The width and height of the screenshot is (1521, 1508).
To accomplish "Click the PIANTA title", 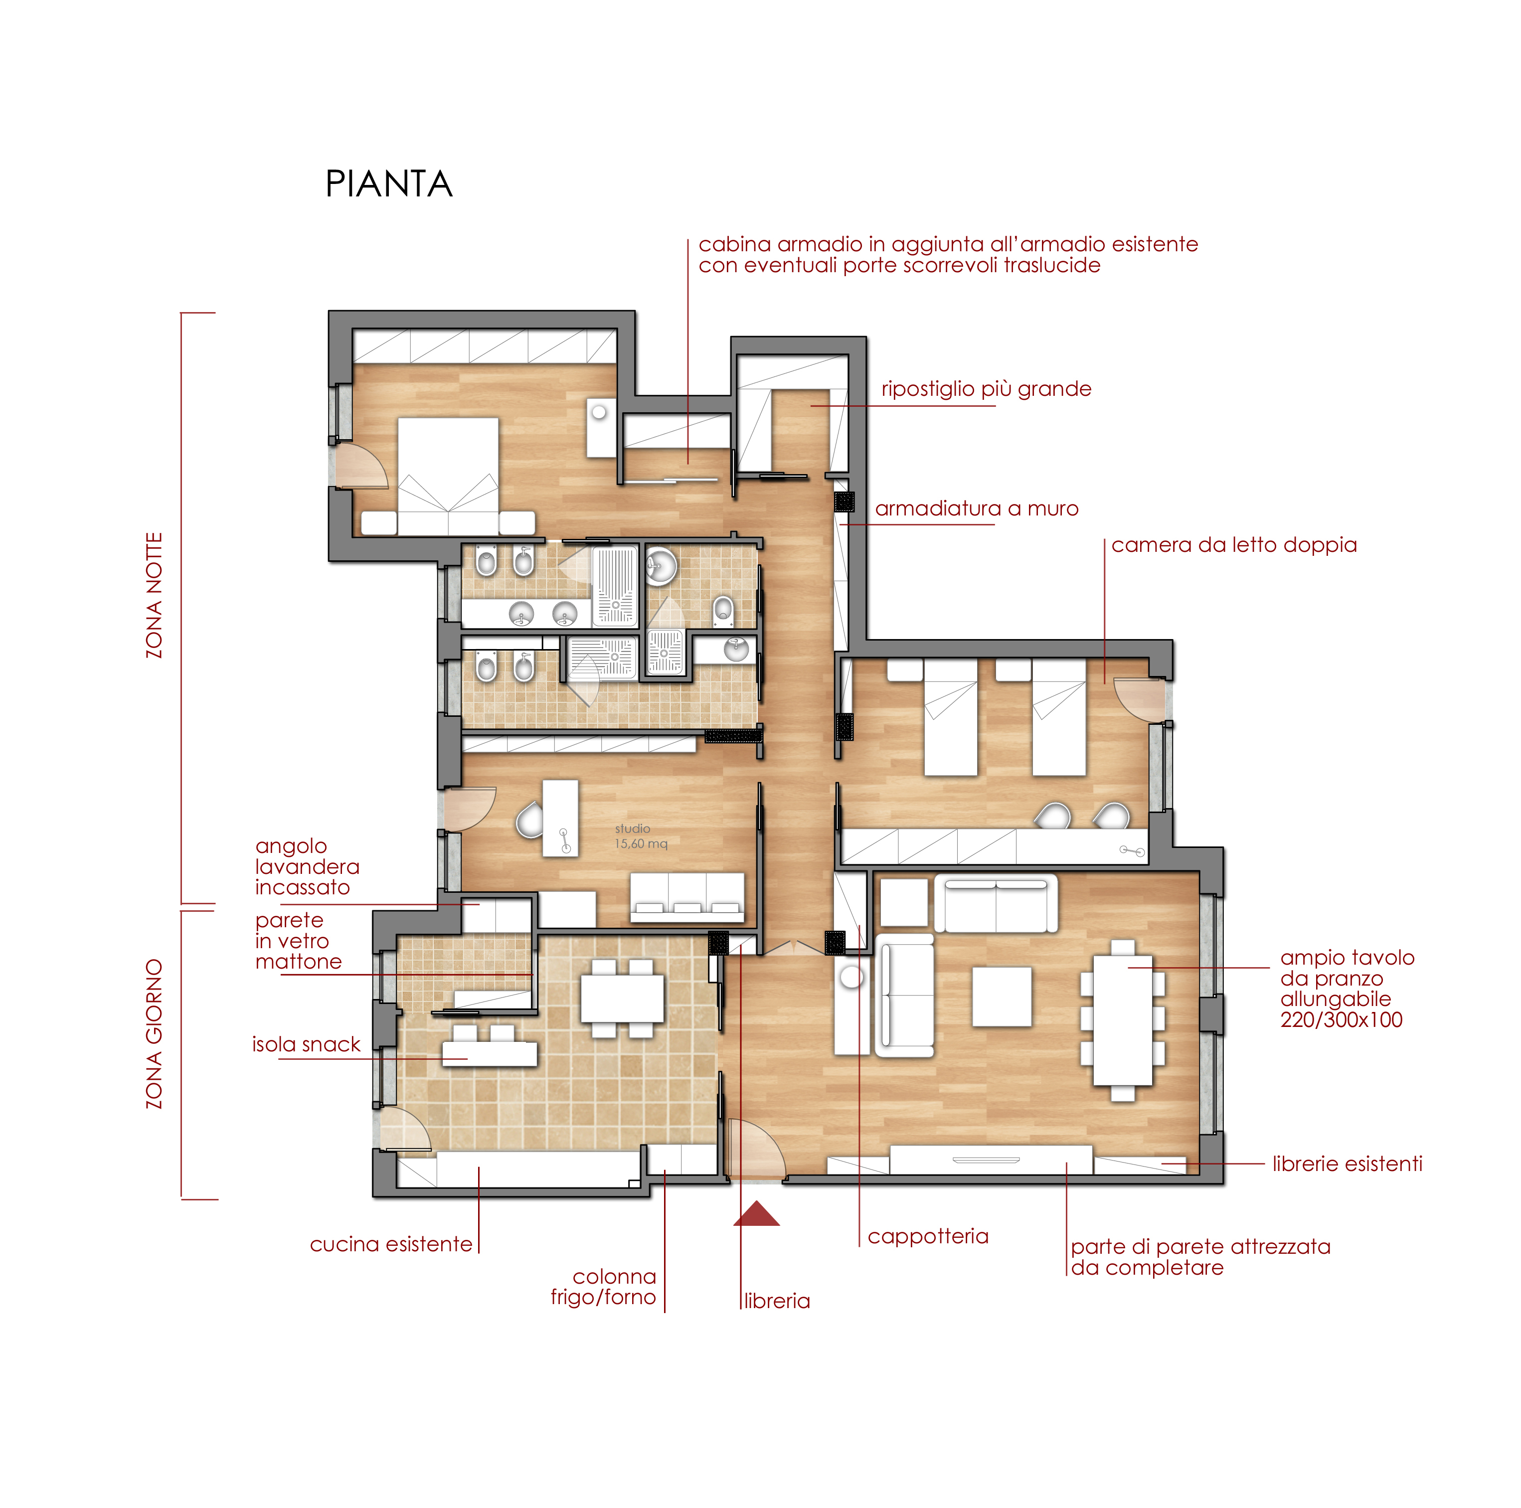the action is [x=389, y=184].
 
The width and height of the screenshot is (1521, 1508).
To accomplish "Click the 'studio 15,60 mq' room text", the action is [x=641, y=836].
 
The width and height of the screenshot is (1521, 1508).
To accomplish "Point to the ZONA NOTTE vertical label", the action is [x=155, y=595].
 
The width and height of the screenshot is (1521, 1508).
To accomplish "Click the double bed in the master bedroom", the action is [x=448, y=476].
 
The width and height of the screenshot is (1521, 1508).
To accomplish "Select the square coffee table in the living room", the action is [x=1002, y=997].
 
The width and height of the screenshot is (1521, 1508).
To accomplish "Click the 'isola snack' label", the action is [x=306, y=1044].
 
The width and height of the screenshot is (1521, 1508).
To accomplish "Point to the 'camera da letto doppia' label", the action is [x=1234, y=545].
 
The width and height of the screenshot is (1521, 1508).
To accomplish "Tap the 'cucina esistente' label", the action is [x=391, y=1244].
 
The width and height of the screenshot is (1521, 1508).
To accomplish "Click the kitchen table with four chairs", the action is [x=622, y=998].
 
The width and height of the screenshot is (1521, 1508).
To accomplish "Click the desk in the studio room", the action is [x=560, y=819].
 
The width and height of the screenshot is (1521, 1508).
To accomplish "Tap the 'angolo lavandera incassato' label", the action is [x=307, y=866].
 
